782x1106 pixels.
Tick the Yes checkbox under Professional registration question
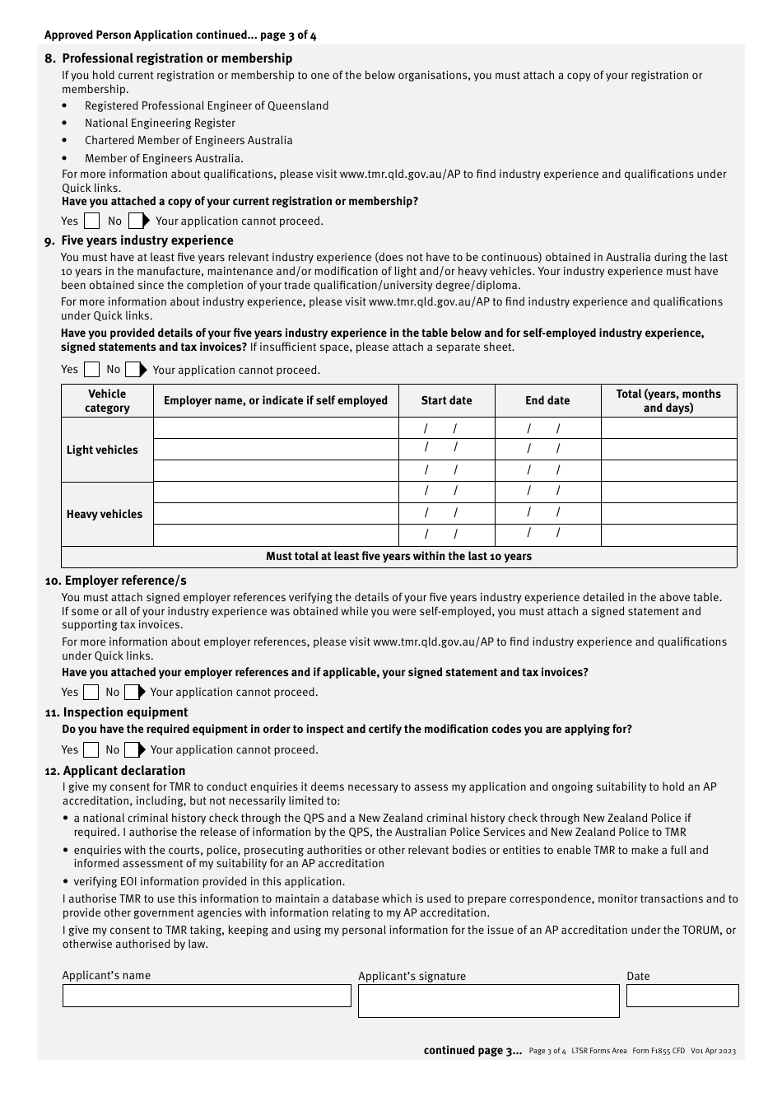[92, 221]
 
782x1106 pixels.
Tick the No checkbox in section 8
[136, 221]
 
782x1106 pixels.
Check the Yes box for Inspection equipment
[91, 749]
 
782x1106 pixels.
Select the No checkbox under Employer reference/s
[132, 692]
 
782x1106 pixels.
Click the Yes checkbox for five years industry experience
[92, 370]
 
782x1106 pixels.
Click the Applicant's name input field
[207, 996]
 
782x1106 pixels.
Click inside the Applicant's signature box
[488, 1001]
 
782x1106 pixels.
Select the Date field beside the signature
[682, 996]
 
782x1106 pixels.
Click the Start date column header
[446, 400]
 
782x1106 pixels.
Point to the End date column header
[547, 400]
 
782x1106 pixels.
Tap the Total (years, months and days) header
[668, 400]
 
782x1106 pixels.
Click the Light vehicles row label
[103, 450]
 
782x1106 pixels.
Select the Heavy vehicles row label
[105, 514]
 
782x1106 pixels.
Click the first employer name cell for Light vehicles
[276, 428]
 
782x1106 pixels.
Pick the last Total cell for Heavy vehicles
[668, 535]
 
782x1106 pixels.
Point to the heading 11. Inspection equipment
[116, 712]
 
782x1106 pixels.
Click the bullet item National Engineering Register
[160, 123]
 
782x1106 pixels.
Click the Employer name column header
[276, 400]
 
